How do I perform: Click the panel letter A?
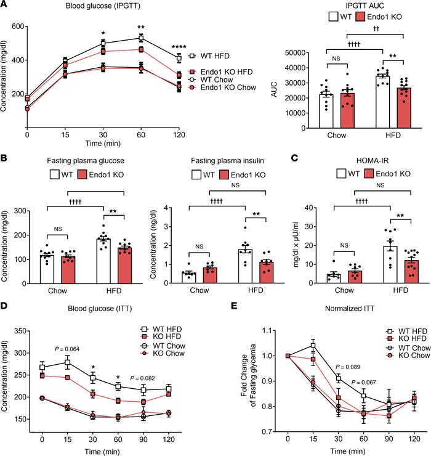(5, 6)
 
